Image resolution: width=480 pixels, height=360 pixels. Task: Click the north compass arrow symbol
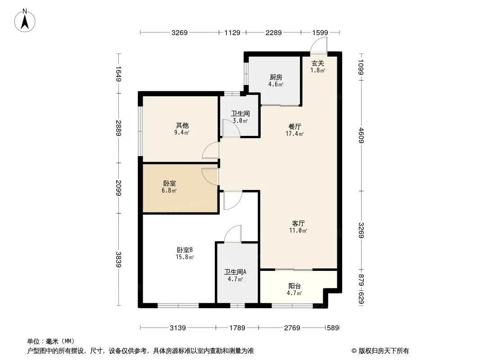point(25,20)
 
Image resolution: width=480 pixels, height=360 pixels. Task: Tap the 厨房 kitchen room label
point(276,77)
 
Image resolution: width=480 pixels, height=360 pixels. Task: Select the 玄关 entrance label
point(318,63)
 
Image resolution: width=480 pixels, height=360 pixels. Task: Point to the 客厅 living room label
point(298,224)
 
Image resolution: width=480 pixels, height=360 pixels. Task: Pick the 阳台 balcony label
point(294,286)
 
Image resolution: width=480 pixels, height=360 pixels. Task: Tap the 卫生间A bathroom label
point(235,272)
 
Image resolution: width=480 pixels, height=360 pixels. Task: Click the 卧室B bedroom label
point(185,250)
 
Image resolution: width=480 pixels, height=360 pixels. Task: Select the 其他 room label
point(182,126)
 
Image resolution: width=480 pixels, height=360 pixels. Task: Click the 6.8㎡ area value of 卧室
point(169,191)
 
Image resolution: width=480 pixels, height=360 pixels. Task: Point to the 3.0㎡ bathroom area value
point(240,121)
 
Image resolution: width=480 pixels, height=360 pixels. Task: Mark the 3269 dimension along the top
point(179,32)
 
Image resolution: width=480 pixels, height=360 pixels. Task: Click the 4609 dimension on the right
point(361,135)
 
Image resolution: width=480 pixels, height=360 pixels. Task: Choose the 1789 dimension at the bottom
point(237,328)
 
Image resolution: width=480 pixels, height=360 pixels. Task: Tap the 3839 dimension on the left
point(118,259)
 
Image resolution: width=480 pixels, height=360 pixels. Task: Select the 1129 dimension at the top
point(232,32)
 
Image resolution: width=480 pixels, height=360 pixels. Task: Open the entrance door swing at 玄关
point(319,45)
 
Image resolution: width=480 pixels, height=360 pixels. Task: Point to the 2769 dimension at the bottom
point(292,328)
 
